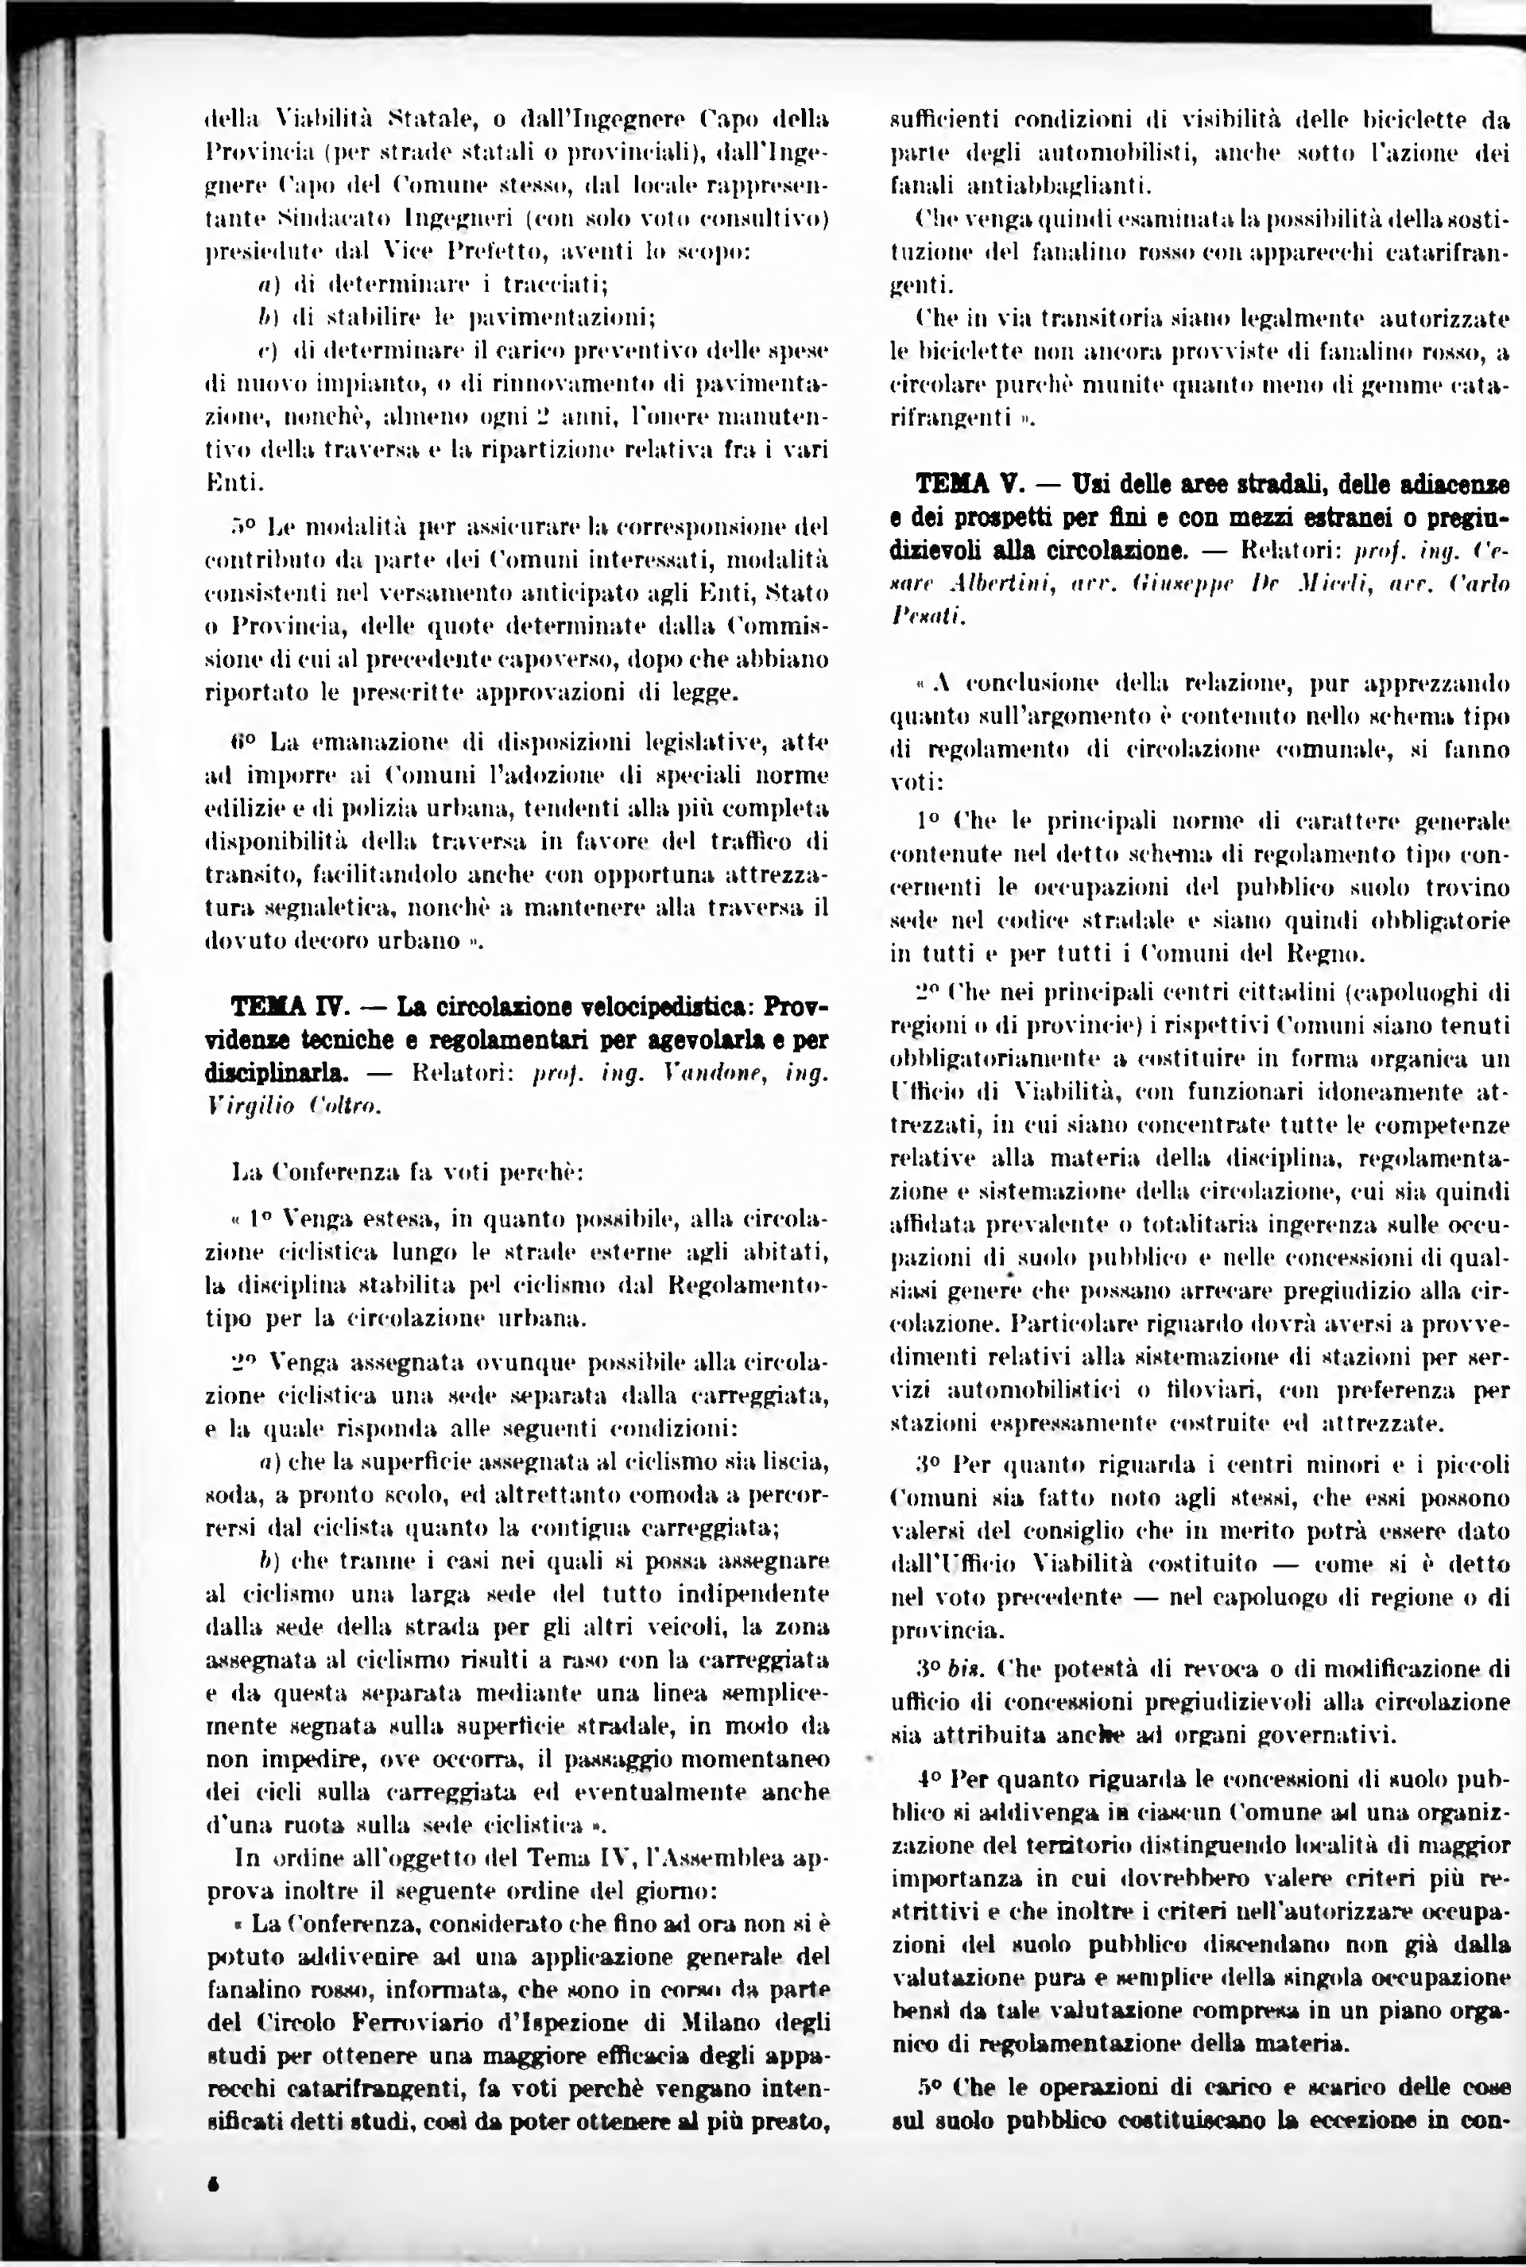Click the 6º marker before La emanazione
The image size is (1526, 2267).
[243, 742]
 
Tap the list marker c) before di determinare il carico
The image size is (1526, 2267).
[261, 350]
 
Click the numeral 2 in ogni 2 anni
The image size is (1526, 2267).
[546, 417]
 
